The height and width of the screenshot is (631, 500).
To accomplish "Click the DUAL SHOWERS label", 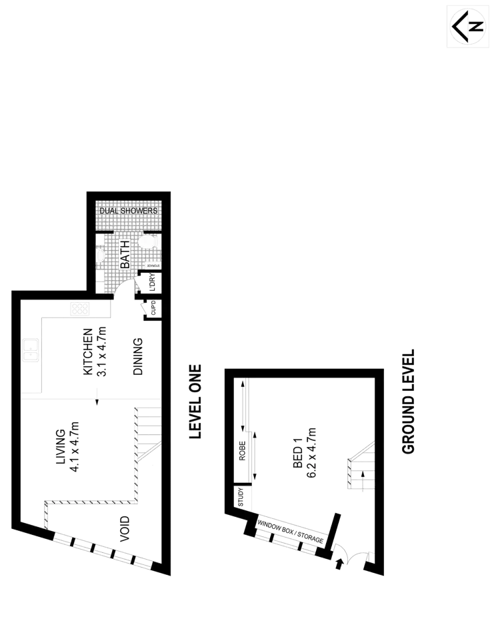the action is coord(129,211).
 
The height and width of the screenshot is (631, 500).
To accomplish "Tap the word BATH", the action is coord(125,254).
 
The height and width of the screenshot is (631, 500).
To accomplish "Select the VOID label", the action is coord(124,528).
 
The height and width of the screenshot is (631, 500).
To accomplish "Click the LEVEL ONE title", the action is coord(195,402).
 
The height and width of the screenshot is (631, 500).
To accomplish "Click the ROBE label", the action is coord(242,452).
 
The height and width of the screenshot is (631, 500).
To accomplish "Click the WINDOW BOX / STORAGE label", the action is coord(291,532).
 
